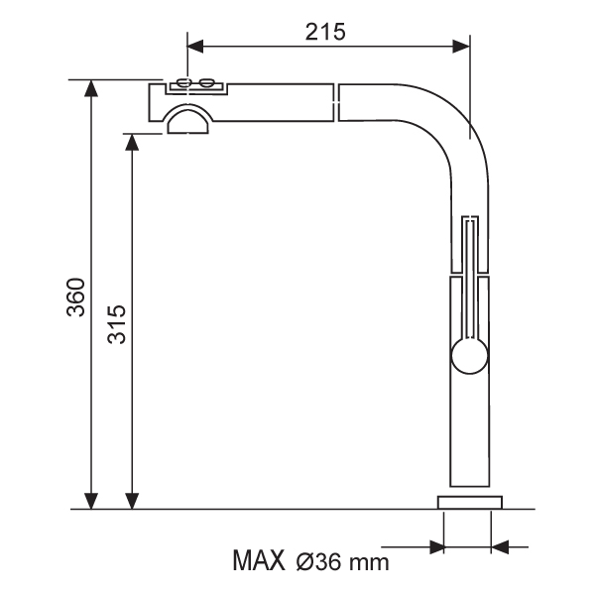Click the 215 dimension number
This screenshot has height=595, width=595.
(x=325, y=32)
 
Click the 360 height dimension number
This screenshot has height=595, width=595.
(x=75, y=297)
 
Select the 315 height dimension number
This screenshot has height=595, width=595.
(x=116, y=323)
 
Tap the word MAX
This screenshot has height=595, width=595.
(x=259, y=560)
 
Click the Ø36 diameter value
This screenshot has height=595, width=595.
(x=318, y=561)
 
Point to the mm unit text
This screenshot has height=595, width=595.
(x=369, y=563)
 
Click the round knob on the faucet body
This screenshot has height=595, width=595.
(x=469, y=356)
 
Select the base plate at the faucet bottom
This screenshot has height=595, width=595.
(x=470, y=503)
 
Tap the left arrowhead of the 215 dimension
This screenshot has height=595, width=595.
(x=195, y=47)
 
